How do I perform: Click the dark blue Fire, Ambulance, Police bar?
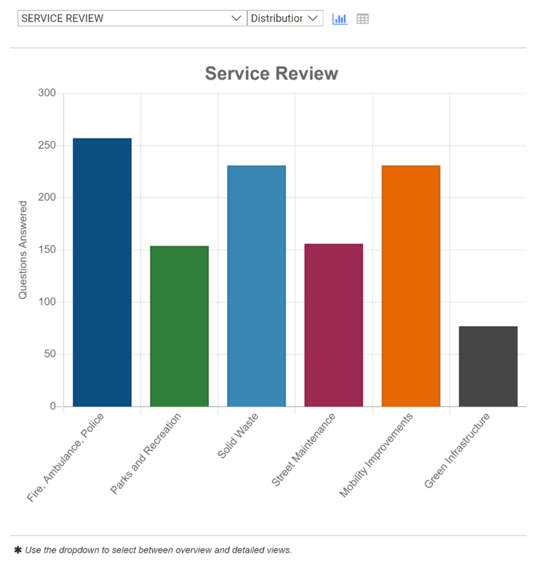point(102,272)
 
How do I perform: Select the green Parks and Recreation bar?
point(179,326)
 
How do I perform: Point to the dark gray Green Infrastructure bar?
point(488,366)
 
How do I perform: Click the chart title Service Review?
point(271,74)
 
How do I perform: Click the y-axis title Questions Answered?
point(23,250)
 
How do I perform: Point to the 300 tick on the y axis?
point(47,93)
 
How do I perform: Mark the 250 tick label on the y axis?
point(47,145)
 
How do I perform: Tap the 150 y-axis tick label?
point(47,250)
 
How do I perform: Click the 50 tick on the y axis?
point(50,354)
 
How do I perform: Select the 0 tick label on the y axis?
point(52,406)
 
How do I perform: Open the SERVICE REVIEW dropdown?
point(132,19)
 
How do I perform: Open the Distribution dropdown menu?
point(285,19)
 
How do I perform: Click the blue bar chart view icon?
point(340,19)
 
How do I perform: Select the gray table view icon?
point(363,19)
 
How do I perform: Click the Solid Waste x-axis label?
point(238,436)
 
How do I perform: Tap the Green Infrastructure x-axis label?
point(458,451)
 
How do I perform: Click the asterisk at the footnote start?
point(17,550)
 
